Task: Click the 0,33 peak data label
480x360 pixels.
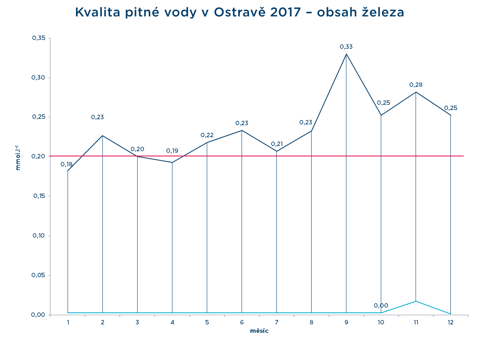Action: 346,47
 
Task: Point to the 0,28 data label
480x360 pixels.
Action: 416,85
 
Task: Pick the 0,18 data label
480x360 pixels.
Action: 66,164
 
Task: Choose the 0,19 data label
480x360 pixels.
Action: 172,151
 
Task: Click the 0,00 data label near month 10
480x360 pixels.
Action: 381,306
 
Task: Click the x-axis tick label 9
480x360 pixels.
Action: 346,322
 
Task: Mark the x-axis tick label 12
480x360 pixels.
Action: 451,322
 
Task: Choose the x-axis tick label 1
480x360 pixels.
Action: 68,322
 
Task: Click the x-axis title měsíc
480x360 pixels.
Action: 259,331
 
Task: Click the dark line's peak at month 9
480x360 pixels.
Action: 346,54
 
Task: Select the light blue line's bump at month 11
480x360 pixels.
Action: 416,301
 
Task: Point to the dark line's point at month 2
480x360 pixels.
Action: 103,136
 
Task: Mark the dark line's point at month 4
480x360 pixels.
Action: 172,162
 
